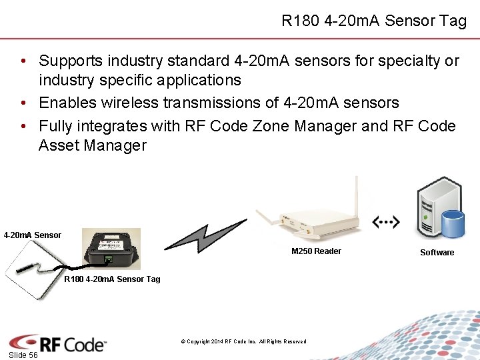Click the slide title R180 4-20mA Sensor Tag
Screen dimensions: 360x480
pyautogui.click(x=373, y=21)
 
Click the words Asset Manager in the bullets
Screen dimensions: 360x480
pyautogui.click(x=93, y=145)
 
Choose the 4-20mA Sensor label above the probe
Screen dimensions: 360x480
pyautogui.click(x=32, y=235)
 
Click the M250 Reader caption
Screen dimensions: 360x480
pyautogui.click(x=316, y=251)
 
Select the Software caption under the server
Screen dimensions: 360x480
pyautogui.click(x=437, y=252)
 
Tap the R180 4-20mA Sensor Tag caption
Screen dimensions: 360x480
pyautogui.click(x=112, y=279)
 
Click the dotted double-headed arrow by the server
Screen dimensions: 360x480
pyautogui.click(x=386, y=221)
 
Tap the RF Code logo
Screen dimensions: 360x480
pyautogui.click(x=58, y=343)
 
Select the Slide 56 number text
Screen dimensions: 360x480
pyautogui.click(x=23, y=355)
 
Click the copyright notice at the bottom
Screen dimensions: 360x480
pyautogui.click(x=243, y=341)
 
